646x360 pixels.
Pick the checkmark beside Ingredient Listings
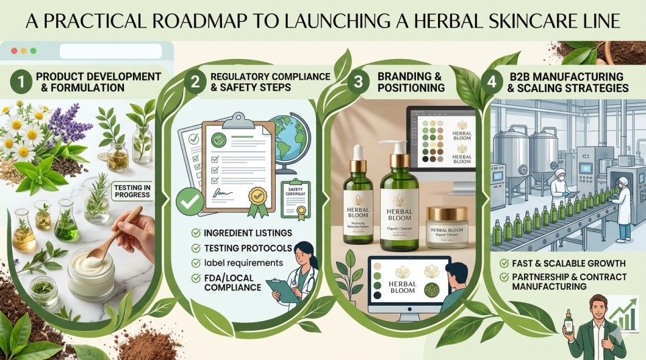(195, 233)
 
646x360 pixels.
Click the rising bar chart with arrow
(625, 315)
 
